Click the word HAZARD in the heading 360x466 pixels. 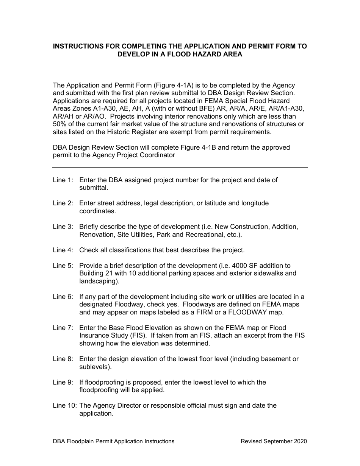coord(204,54)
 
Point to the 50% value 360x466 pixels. coord(60,124)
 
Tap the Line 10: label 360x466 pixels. coord(64,405)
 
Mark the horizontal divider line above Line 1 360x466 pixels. coord(180,168)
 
